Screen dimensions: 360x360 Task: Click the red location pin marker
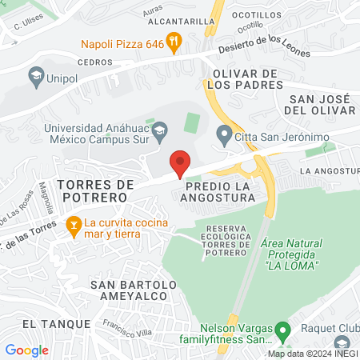180,162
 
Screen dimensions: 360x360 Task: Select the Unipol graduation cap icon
35,78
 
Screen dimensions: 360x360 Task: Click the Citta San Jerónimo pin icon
224,134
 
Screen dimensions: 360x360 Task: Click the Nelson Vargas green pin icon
282,330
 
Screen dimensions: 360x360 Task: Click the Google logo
26,350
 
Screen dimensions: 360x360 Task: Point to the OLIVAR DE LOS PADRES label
244,79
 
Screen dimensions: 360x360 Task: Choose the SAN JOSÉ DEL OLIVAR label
316,104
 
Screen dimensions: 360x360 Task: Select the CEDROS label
94,62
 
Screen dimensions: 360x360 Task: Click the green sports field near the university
191,123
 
